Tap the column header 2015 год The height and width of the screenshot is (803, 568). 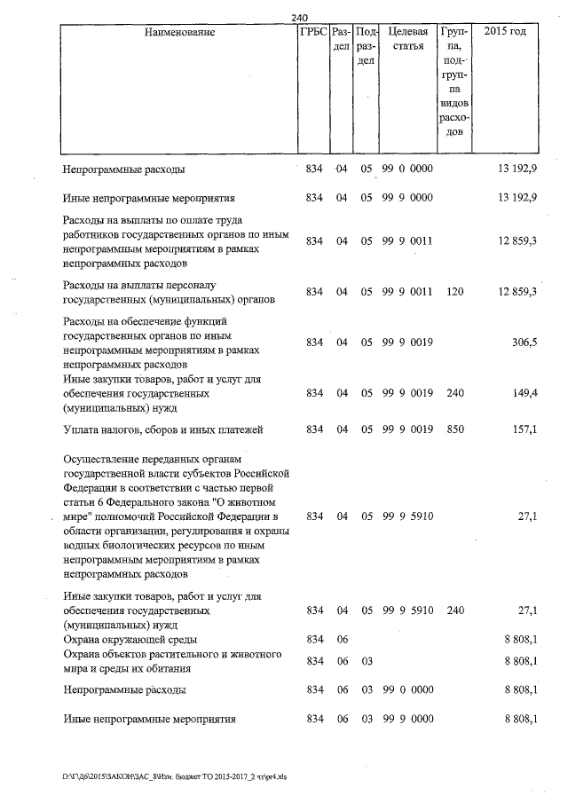pos(506,32)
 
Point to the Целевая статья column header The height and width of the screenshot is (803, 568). pos(407,38)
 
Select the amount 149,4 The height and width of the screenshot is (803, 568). pos(523,392)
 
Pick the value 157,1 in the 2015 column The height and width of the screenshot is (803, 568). pos(523,430)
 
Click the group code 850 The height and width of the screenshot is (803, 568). pos(455,430)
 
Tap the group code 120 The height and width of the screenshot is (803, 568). pos(455,291)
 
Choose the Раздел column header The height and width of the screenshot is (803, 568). pos(341,38)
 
